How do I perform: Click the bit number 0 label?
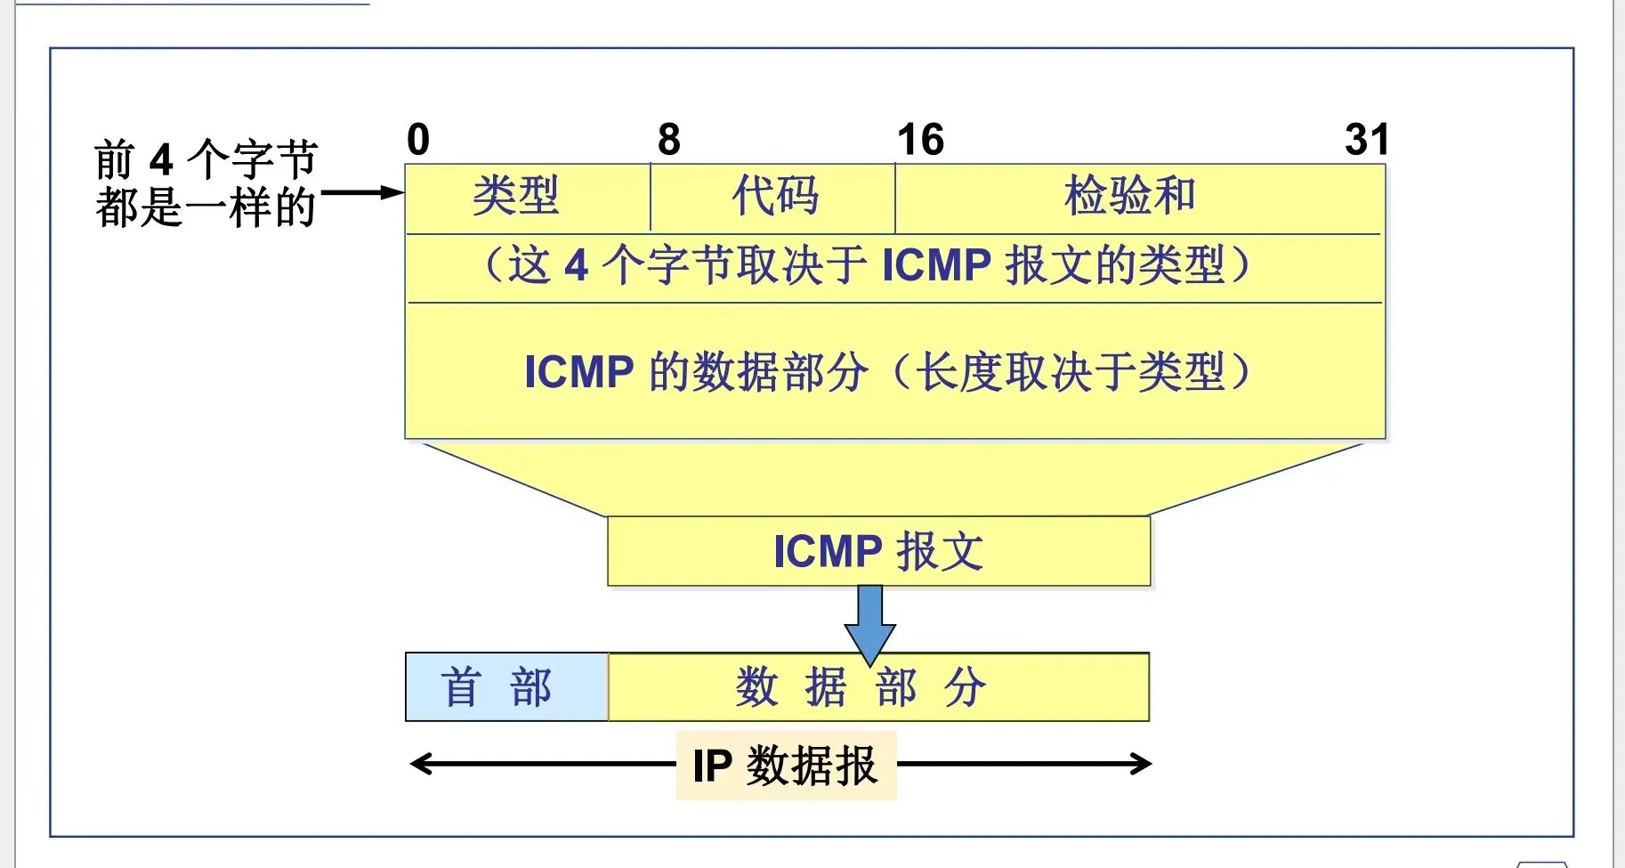[418, 140]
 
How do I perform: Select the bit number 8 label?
[669, 140]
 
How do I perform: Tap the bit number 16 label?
[920, 140]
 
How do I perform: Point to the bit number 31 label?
[1366, 140]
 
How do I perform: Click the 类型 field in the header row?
[516, 197]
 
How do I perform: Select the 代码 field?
[774, 197]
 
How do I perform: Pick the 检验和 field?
[1129, 197]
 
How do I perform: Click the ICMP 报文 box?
[878, 551]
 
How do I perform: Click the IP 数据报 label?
[786, 766]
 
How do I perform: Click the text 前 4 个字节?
[206, 160]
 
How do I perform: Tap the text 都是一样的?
[206, 207]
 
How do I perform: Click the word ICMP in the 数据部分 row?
[578, 372]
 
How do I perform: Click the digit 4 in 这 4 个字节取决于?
[577, 265]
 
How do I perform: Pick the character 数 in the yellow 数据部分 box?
[757, 687]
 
